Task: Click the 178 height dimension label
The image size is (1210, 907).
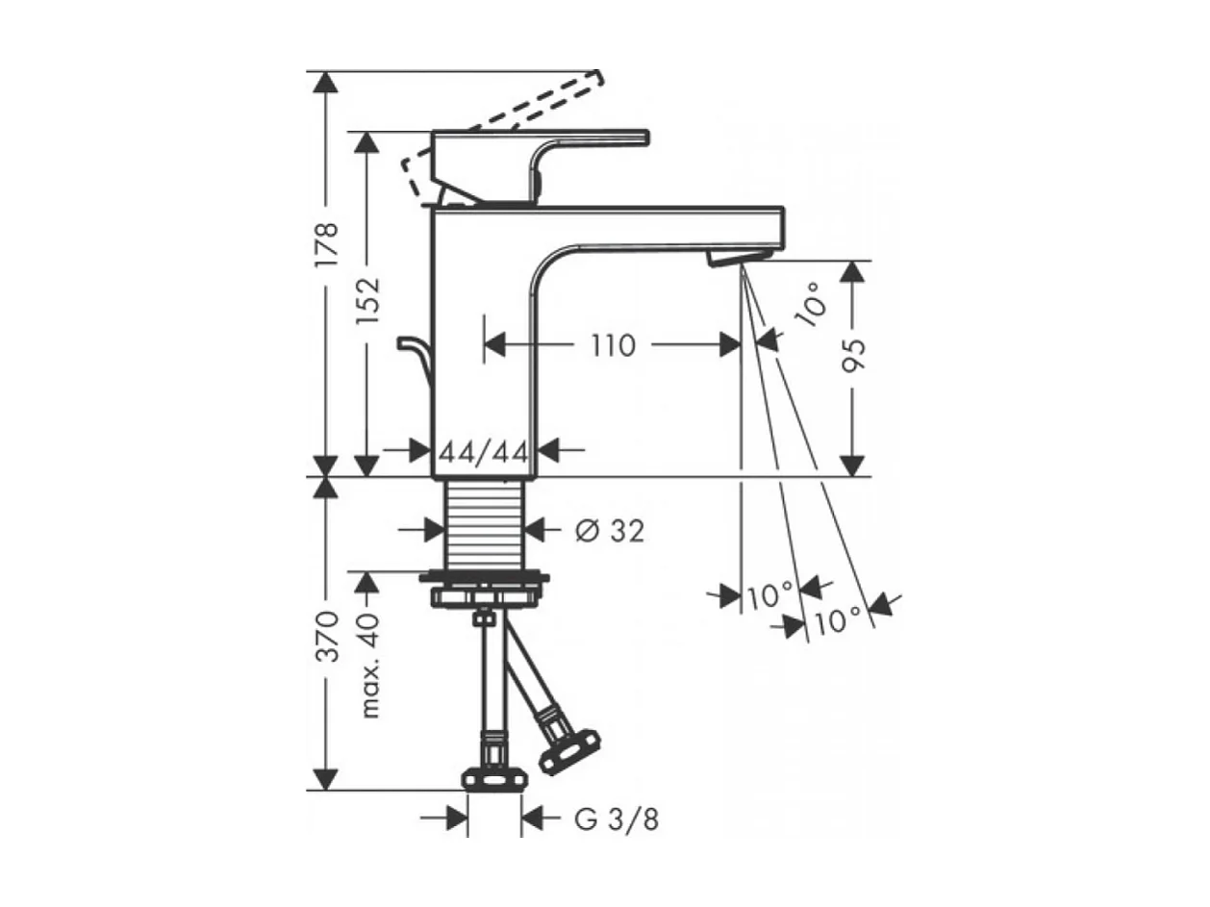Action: coord(327,245)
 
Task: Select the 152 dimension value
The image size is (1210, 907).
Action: coord(367,300)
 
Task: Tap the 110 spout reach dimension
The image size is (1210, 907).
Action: coord(614,345)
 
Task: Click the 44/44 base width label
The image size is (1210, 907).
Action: coord(483,450)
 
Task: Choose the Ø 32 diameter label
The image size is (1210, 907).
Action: coord(610,529)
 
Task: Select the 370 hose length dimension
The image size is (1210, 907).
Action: coord(327,635)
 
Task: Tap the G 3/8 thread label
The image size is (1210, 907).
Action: coord(617,819)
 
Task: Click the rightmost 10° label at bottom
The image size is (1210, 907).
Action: coord(837,620)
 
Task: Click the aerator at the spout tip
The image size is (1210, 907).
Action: coord(739,256)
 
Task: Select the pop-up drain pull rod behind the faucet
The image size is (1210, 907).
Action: coord(415,358)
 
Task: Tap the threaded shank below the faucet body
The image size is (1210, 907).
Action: coord(485,524)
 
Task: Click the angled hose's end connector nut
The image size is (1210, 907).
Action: coord(569,751)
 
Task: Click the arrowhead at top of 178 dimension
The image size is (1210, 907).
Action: coord(327,81)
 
